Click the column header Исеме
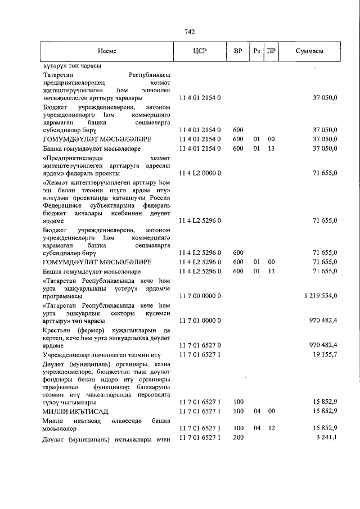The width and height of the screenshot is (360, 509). pyautogui.click(x=106, y=51)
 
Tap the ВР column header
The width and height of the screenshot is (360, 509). pyautogui.click(x=238, y=51)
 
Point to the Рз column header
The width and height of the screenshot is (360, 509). pyautogui.click(x=256, y=51)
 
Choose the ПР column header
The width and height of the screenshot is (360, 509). pyautogui.click(x=271, y=51)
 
